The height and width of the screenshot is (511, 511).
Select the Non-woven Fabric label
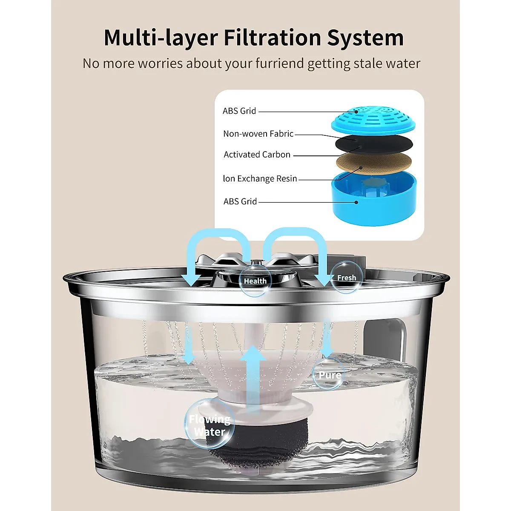pos(258,134)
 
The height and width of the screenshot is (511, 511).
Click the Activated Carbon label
pos(257,155)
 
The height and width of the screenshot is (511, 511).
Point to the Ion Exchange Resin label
pos(260,178)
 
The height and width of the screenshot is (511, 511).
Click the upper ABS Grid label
pos(239,111)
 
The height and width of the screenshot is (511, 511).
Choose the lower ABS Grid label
pos(240,201)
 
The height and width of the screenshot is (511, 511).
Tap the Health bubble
pos(255,281)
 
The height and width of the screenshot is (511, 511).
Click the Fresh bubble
pos(346,278)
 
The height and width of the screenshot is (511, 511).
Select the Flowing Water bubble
pos(210,425)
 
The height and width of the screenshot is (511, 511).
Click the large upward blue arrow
pos(253,375)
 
